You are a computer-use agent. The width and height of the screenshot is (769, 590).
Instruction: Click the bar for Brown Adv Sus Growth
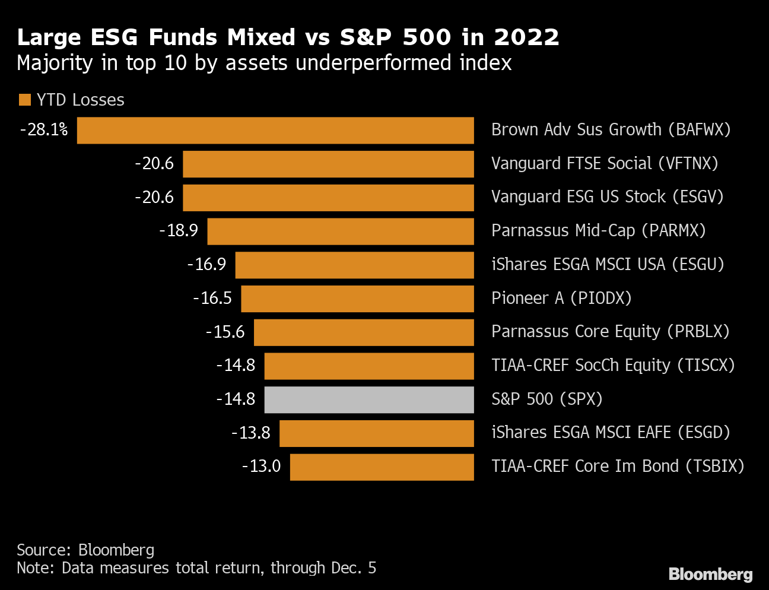[x=275, y=131]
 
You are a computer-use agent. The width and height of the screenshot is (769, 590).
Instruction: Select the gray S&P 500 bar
[x=369, y=399]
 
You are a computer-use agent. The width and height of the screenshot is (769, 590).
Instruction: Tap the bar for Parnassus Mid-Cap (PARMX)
[x=341, y=231]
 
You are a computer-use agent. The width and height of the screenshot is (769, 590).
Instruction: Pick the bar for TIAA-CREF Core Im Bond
[x=382, y=467]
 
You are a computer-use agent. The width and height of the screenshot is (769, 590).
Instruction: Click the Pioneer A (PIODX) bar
[x=357, y=299]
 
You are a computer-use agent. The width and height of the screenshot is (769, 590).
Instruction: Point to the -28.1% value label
[x=44, y=130]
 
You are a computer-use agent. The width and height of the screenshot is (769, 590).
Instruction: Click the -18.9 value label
[x=179, y=231]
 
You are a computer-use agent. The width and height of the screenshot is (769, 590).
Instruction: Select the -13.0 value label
[x=261, y=467]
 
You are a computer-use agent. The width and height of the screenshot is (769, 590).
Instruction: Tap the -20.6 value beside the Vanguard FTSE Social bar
[x=154, y=164]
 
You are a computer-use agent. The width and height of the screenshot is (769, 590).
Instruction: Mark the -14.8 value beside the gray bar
[x=236, y=399]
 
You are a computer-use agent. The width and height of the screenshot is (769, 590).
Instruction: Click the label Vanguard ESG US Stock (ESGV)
[x=607, y=197]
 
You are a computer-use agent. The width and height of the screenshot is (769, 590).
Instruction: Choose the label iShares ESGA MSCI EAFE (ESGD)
[x=611, y=433]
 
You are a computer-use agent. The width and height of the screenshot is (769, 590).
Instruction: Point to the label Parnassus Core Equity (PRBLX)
[x=610, y=332]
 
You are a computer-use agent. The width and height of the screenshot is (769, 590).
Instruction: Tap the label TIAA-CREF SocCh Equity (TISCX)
[x=613, y=366]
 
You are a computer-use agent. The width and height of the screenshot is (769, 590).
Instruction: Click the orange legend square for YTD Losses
[x=24, y=100]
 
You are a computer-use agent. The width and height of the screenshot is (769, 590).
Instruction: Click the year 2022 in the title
[x=526, y=37]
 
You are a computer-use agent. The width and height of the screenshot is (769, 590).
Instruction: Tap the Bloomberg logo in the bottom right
[x=710, y=574]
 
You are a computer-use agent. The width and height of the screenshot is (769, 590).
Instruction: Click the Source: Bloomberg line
[x=85, y=550]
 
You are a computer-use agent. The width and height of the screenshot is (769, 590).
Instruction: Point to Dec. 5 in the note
[x=354, y=568]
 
